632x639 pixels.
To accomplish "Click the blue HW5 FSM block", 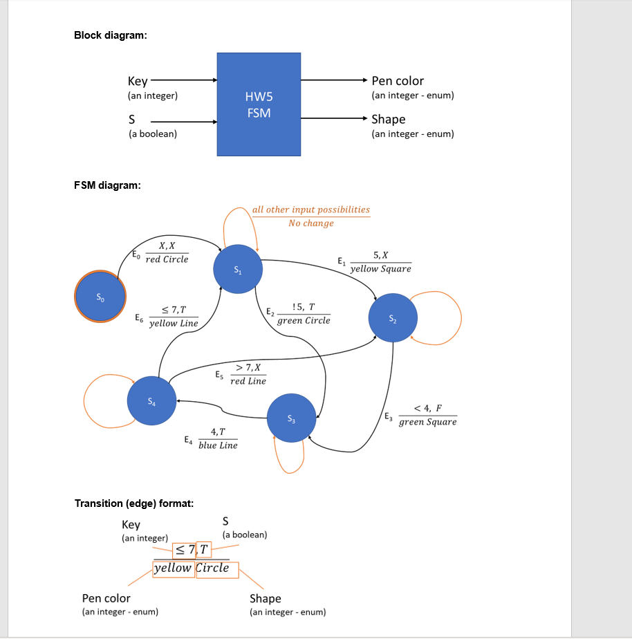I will point(259,104).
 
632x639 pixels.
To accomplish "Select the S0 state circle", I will point(101,297).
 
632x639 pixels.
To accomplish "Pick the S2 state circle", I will point(393,318).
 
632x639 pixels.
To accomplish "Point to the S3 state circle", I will point(291,418).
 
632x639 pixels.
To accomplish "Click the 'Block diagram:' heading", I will point(111,36).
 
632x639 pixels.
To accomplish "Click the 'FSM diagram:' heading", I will point(108,185).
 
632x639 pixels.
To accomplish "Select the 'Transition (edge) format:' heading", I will point(134,503).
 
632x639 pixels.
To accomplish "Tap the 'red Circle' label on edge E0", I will point(167,259).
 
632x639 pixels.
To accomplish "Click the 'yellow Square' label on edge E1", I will point(380,269).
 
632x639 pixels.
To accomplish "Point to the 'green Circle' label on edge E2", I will point(304,321).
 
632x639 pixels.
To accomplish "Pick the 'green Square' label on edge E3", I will point(427,422).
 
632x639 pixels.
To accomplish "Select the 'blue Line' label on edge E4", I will point(218,446).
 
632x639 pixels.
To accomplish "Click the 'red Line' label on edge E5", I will point(248,381).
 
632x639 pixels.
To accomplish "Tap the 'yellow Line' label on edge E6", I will point(174,324).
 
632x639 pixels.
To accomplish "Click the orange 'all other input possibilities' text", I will point(310,210).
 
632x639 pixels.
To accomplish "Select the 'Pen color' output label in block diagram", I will point(398,81).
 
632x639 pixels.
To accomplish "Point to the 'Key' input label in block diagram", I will point(138,81).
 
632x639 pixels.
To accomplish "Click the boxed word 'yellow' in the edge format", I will point(173,568).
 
